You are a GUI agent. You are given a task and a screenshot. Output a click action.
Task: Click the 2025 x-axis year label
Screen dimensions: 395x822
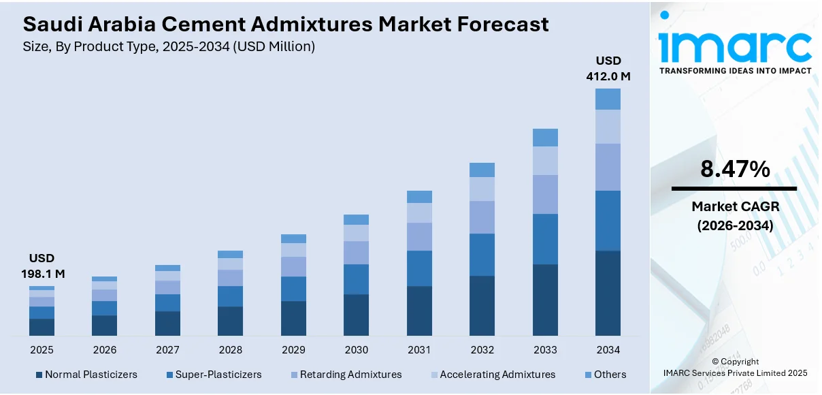pos(42,349)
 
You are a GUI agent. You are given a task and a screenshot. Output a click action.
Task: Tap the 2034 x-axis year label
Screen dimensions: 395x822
pos(608,349)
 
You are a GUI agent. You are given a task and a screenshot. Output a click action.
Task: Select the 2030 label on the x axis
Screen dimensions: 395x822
pos(356,349)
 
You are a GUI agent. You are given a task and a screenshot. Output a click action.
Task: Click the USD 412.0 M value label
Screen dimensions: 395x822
pos(608,69)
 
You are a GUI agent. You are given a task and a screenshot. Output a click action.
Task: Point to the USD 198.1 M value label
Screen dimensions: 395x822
pos(42,266)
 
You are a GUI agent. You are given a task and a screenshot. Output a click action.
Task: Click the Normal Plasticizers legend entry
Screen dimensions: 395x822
pos(86,375)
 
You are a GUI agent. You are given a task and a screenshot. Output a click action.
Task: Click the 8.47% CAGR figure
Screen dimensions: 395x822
pos(735,170)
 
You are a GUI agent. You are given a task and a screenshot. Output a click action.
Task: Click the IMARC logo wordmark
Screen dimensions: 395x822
pos(735,46)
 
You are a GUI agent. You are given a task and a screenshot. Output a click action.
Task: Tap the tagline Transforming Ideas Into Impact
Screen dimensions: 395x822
pos(735,71)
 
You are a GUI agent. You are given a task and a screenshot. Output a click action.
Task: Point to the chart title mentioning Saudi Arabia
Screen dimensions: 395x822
pos(286,25)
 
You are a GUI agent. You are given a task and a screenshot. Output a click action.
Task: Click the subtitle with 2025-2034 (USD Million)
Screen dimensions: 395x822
pos(169,46)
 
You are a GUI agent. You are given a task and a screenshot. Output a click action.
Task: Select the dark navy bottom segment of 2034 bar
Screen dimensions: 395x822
pos(608,293)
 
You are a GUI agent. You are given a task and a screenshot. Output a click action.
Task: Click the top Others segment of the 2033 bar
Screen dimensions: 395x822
pos(545,138)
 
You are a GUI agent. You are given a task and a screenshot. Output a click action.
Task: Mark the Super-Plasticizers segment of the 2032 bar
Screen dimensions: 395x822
pos(482,254)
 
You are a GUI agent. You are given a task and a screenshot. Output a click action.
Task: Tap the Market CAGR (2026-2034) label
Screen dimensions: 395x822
pos(735,216)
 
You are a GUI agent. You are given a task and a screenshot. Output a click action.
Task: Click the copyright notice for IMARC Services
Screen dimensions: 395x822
pos(735,368)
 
